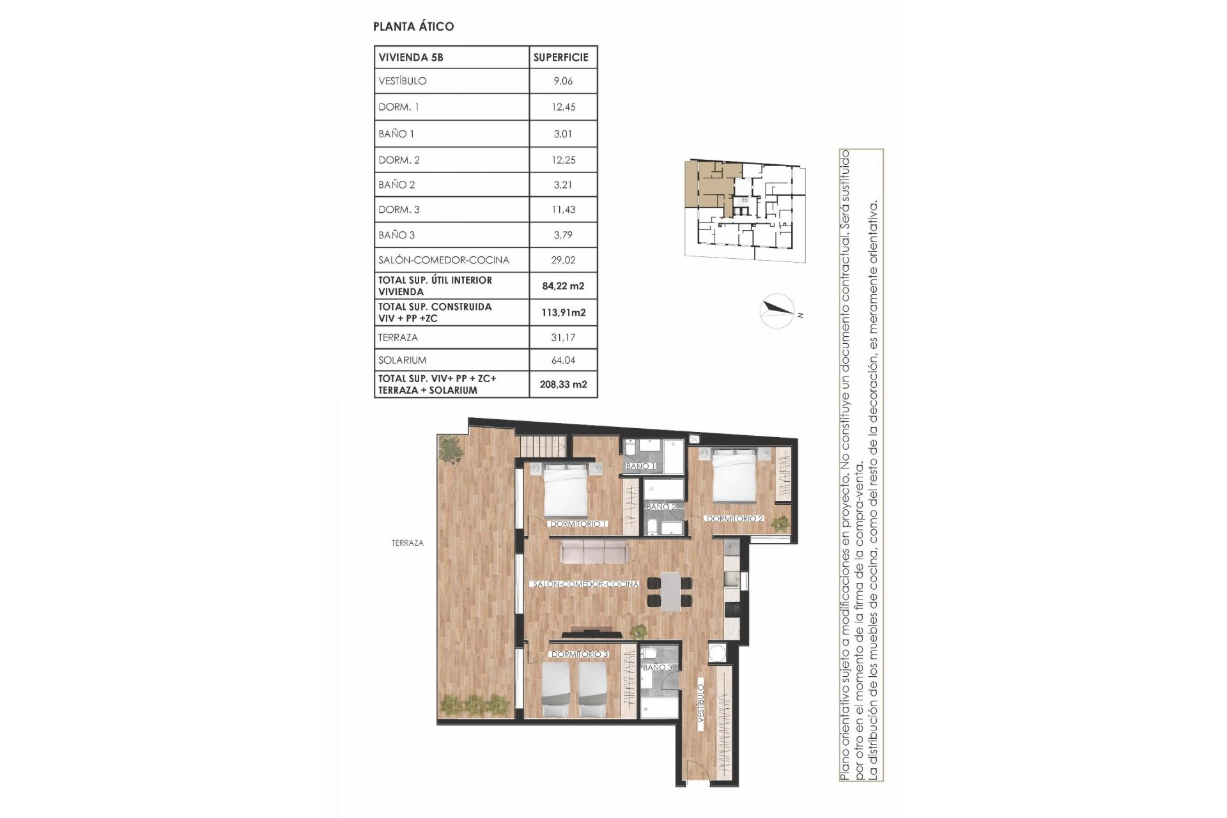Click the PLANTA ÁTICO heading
point(413,26)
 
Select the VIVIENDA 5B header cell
point(411,57)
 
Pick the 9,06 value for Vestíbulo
point(563,81)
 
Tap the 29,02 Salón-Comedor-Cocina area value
point(563,260)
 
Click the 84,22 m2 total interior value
point(563,286)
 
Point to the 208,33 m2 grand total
point(563,384)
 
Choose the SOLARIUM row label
point(402,360)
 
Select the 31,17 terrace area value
point(563,337)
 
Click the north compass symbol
point(777,311)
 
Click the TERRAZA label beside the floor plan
point(407,543)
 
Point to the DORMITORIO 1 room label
point(578,524)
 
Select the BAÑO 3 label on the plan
point(657,667)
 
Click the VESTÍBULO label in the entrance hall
point(700,704)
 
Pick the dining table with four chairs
point(669,591)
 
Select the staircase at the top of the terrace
point(542,445)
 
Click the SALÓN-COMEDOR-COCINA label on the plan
point(585,584)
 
